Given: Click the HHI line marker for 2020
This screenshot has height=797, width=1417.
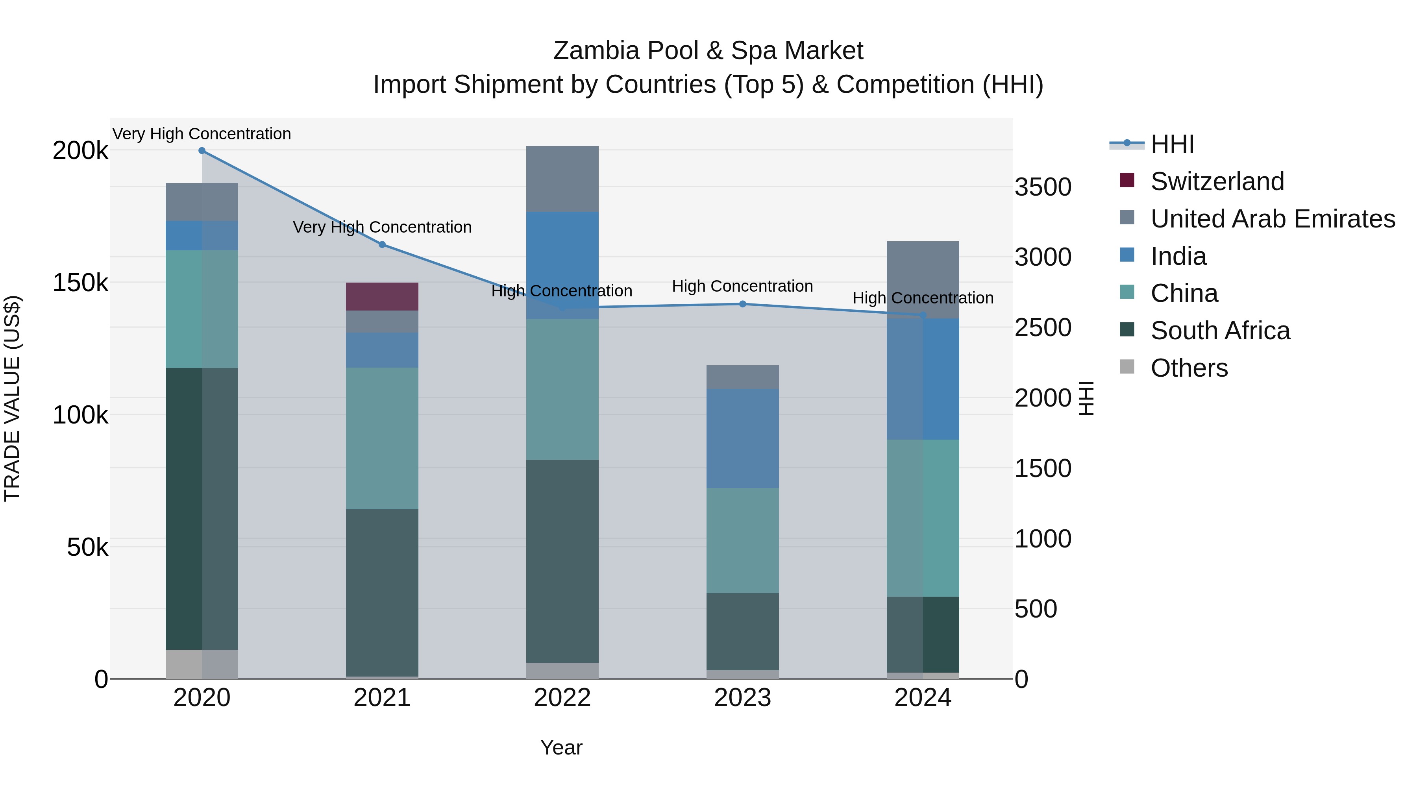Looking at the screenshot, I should [202, 151].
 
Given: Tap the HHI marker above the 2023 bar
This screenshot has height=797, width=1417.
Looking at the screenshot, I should [743, 304].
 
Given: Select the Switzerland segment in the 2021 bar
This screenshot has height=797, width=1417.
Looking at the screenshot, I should [382, 296].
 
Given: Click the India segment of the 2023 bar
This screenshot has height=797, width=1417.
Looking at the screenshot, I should [743, 438].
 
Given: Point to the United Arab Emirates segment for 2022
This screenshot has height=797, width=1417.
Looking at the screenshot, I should [562, 179].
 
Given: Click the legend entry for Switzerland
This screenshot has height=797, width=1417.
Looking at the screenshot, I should [1217, 181].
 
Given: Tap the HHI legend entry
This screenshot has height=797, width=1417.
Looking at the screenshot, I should [1172, 144].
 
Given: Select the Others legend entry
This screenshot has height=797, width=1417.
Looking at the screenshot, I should [1189, 368].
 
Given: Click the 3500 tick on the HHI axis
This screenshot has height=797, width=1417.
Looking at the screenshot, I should [1042, 187].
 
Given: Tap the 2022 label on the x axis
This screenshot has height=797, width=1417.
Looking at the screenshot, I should [562, 698].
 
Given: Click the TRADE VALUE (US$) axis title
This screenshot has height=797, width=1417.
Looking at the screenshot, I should [12, 398].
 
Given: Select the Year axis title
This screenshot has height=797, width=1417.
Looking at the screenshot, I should [561, 747].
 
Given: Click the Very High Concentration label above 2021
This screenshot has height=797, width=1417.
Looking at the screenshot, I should [382, 227].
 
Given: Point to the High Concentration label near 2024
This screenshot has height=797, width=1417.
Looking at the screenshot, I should [923, 298].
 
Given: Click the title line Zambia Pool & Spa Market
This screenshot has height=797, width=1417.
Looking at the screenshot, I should [708, 51].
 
